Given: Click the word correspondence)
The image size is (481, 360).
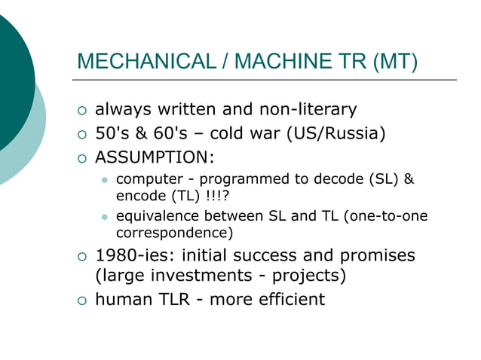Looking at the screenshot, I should [174, 232].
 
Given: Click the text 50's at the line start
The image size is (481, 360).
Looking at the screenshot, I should [110, 134].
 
